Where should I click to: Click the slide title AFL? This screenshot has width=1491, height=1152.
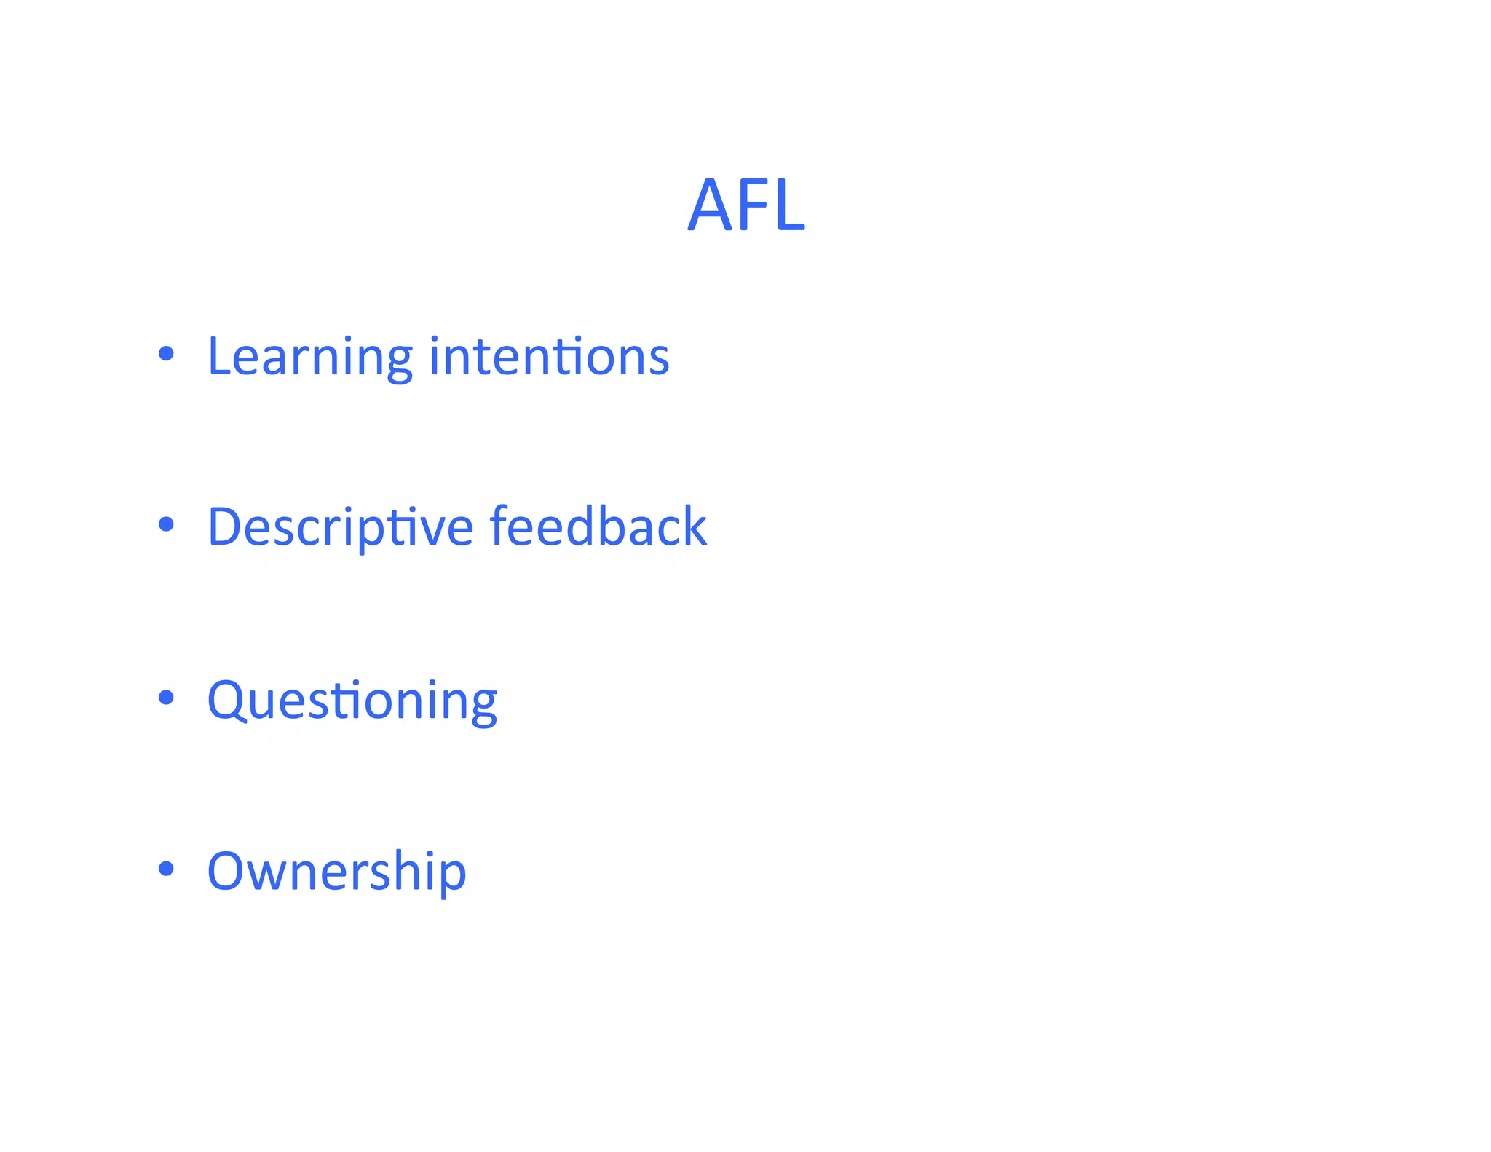click(746, 205)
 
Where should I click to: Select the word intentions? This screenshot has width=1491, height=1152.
click(549, 357)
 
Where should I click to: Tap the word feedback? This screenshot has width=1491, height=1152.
click(598, 526)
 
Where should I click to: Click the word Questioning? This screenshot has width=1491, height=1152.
click(352, 701)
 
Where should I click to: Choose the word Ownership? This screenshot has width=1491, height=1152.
click(336, 871)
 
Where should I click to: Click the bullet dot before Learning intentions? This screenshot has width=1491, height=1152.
click(167, 354)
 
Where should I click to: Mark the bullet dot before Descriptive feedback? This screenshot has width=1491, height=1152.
click(167, 524)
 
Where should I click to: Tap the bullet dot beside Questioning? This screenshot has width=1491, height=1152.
click(167, 698)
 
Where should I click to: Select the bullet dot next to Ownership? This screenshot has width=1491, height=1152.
click(167, 868)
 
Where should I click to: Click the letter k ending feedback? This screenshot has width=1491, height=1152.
click(693, 526)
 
